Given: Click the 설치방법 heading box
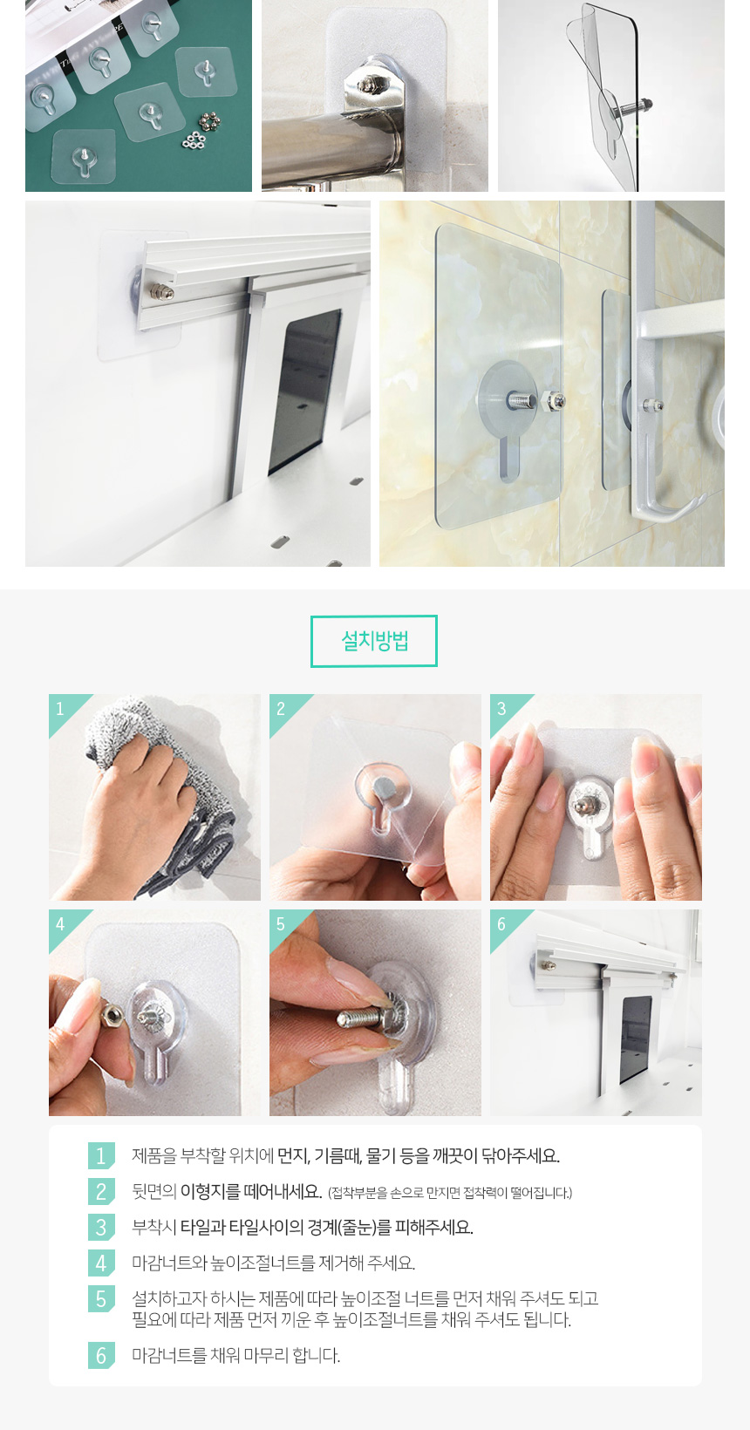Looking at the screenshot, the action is click(x=373, y=641).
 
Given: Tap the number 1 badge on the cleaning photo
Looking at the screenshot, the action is click(x=61, y=709).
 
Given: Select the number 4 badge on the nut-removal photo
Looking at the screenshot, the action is click(x=61, y=923).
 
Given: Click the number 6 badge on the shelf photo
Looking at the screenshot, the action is click(x=501, y=923).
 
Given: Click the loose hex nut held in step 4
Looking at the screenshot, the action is click(x=112, y=1014).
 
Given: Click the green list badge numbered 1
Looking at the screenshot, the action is click(x=101, y=1155).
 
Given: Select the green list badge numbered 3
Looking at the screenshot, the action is click(x=101, y=1227).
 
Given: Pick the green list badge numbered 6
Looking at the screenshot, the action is click(x=101, y=1355).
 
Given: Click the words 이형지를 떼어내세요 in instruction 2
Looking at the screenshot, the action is click(x=251, y=1191).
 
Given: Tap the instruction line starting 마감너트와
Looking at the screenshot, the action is click(x=273, y=1263).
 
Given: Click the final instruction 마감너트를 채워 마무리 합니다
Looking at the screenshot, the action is click(x=236, y=1355).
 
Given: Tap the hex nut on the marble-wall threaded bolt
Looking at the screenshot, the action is click(x=555, y=402).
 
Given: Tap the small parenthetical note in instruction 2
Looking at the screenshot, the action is click(x=450, y=1193).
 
